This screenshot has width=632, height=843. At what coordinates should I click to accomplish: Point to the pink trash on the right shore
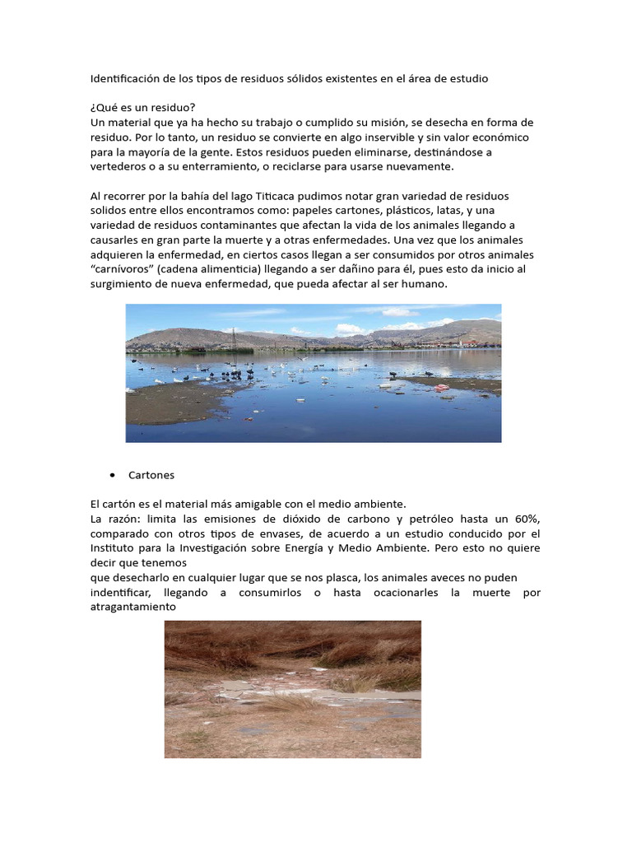442,387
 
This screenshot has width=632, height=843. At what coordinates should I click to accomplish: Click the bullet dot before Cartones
110,476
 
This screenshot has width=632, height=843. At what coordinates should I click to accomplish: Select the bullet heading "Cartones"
151,476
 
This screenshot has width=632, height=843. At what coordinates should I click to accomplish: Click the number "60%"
526,519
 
